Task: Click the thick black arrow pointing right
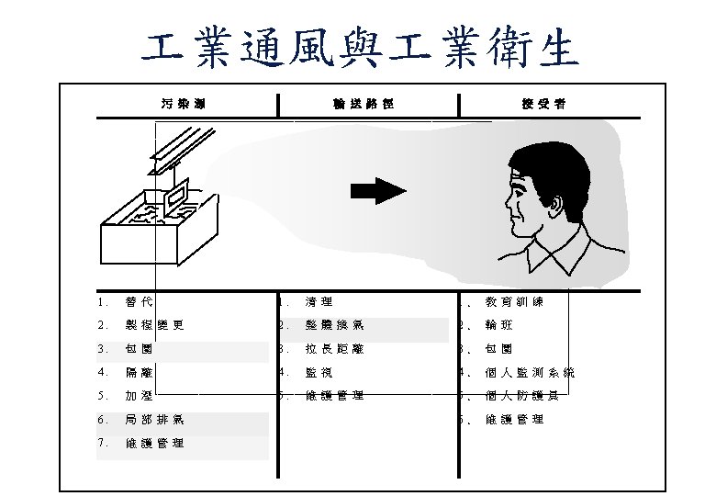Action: click(379, 190)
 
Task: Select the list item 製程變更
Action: click(155, 324)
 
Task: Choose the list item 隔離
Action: click(140, 372)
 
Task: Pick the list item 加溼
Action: click(140, 396)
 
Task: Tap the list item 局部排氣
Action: click(155, 420)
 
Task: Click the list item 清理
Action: click(319, 300)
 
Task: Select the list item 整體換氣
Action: click(334, 324)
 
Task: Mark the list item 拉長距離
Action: click(334, 348)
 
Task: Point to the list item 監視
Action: click(319, 372)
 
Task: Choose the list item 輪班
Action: click(500, 324)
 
